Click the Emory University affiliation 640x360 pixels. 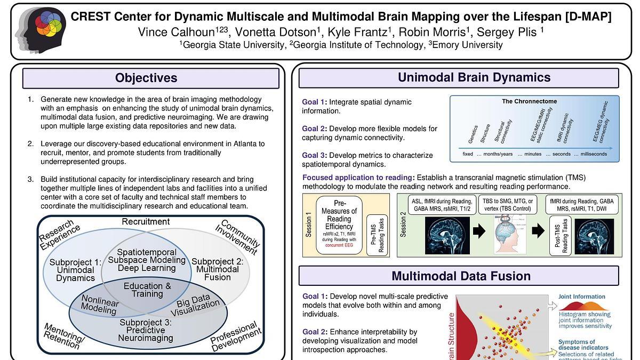tap(467, 45)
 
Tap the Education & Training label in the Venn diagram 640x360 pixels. tap(147, 290)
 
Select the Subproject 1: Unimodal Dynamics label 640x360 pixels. tap(75, 270)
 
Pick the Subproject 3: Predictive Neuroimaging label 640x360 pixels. tap(146, 330)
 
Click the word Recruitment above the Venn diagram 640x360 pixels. tap(146, 221)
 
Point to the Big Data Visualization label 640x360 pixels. tap(198, 306)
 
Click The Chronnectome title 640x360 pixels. tap(529, 101)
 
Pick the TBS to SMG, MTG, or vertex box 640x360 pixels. tap(508, 204)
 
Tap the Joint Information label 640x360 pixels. tap(581, 297)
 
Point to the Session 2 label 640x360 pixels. tap(404, 225)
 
